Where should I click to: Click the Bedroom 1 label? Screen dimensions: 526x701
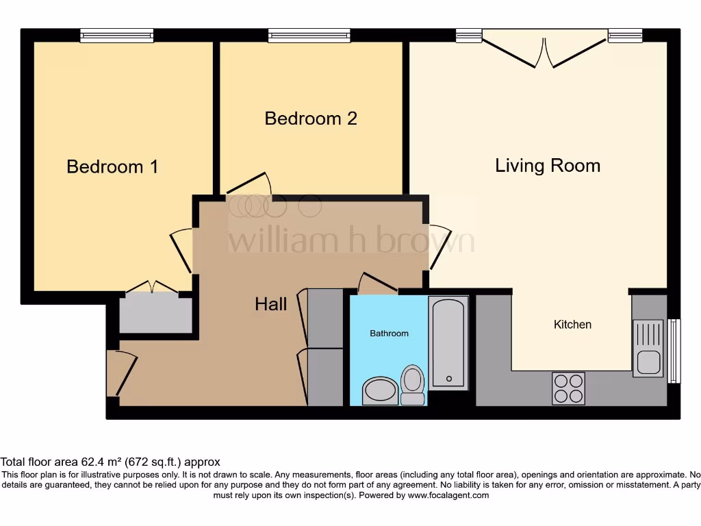tap(112, 166)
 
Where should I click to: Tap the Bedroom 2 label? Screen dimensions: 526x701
tap(311, 118)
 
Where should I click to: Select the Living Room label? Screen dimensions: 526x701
tap(548, 166)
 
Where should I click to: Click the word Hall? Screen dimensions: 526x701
tap(271, 304)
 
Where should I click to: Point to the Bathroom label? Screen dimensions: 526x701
tap(389, 334)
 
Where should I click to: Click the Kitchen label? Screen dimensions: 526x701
tap(572, 325)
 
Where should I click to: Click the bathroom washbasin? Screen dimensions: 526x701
tap(380, 391)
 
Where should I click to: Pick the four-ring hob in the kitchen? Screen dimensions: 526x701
tap(568, 388)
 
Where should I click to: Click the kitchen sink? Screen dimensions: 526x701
tap(647, 348)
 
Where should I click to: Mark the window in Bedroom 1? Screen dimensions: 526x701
tap(116, 36)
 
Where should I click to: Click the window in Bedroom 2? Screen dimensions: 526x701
tap(309, 36)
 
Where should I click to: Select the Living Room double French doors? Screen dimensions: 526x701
tap(545, 49)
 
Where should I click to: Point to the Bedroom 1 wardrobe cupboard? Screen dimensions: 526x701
tap(156, 314)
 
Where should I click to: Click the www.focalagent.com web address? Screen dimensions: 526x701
tap(449, 495)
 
